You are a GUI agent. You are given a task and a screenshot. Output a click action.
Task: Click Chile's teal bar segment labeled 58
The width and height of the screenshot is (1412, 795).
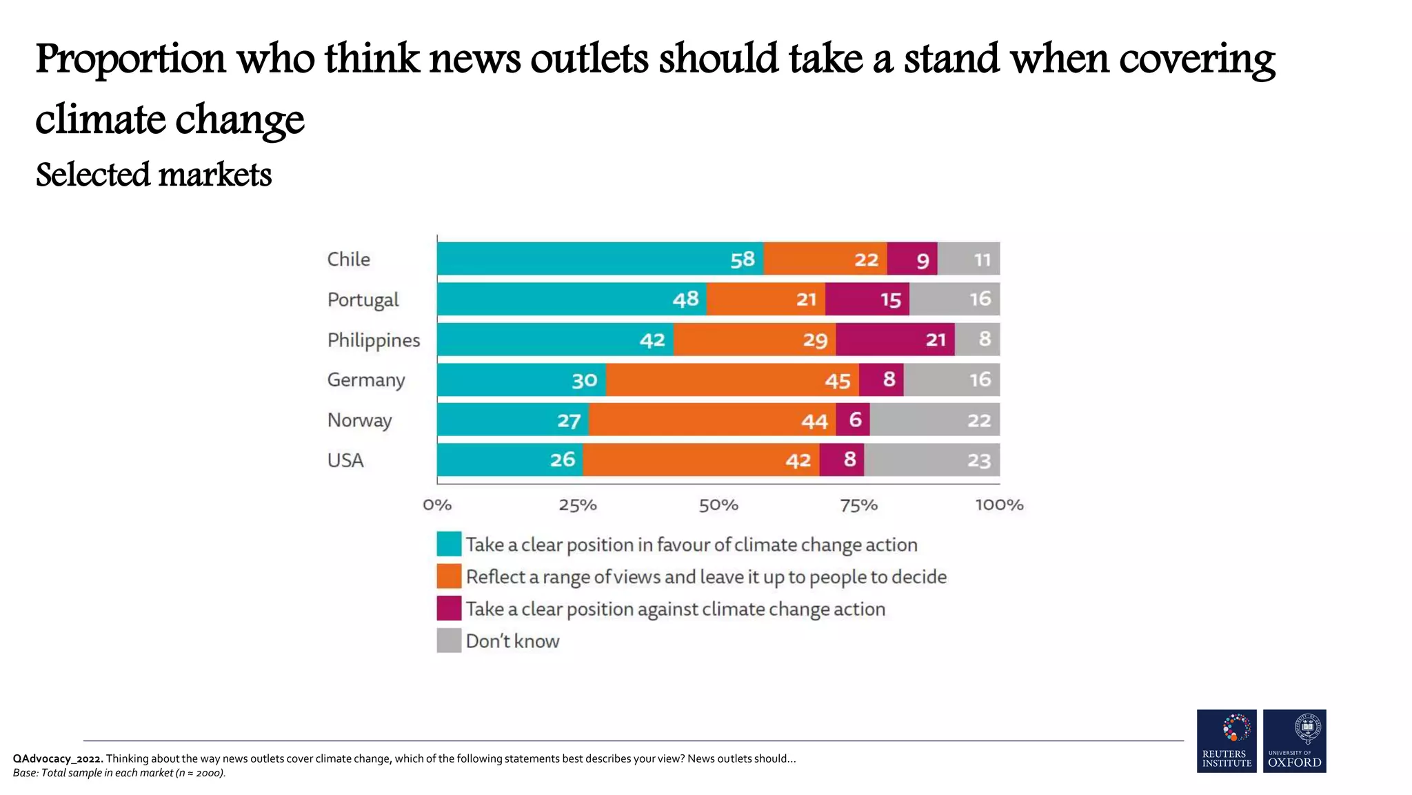600,259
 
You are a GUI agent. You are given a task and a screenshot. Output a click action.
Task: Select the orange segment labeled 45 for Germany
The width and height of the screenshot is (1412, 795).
732,380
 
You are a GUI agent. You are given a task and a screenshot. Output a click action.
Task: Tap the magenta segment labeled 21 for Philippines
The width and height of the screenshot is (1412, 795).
895,340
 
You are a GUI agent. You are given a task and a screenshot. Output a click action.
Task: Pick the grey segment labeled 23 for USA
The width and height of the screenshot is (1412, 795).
931,460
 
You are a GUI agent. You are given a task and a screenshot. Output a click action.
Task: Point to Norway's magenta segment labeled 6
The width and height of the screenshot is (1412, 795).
853,420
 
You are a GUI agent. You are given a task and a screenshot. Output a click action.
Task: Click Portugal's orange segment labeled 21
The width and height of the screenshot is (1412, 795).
765,300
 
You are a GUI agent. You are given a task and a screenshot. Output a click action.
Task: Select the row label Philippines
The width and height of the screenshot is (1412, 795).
373,340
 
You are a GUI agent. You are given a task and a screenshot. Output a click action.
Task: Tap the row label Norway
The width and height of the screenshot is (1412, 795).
359,420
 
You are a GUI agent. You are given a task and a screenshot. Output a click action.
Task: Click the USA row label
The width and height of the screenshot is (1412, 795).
345,460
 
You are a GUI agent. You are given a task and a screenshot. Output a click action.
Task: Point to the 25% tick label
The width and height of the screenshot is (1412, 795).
578,505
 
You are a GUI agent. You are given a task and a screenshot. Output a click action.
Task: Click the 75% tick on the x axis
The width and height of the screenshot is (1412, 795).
858,505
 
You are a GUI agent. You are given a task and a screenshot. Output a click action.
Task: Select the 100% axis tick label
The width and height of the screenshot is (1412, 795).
999,505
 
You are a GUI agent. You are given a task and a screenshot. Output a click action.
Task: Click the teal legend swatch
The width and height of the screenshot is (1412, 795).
449,544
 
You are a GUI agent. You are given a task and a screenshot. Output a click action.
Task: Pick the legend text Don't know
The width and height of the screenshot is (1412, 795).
512,641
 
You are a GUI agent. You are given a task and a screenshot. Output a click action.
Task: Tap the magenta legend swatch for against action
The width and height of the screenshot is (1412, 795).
449,609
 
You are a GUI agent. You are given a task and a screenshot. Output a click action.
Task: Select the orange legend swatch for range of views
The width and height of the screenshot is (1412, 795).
449,576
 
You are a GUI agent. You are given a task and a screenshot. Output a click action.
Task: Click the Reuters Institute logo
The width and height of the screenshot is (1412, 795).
1227,740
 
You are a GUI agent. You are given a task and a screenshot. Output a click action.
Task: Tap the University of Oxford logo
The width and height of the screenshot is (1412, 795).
1294,740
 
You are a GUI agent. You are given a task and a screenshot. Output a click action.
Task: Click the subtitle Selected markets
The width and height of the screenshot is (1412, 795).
154,175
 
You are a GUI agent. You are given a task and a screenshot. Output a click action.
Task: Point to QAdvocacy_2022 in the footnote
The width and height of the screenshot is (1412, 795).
58,758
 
